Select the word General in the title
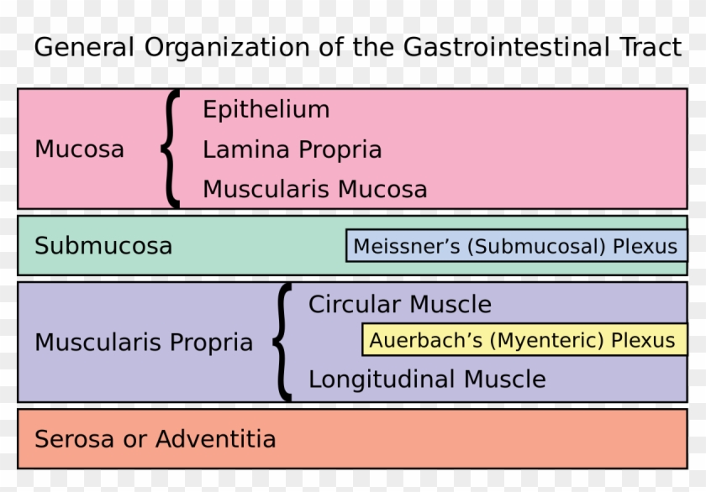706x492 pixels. (85, 47)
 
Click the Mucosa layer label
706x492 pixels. (79, 149)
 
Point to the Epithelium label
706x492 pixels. (266, 110)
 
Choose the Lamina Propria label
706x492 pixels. (292, 150)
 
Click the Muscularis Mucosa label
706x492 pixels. (314, 190)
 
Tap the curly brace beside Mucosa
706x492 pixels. (171, 149)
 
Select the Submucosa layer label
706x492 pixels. (103, 246)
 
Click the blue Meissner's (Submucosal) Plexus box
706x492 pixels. (515, 246)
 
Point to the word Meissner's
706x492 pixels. (406, 246)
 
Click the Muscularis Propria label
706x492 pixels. (143, 343)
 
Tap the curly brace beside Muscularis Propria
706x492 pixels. (283, 342)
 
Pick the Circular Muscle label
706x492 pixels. (399, 304)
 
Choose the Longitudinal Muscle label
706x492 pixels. (426, 379)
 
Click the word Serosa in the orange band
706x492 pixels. (74, 438)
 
